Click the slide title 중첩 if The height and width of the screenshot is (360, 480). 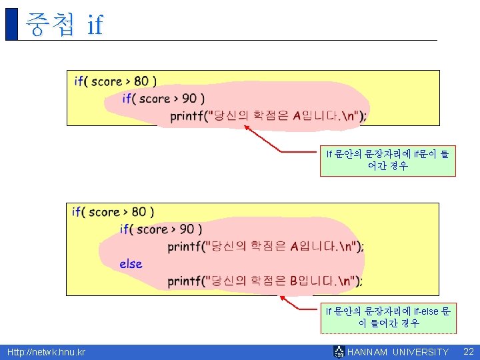click(64, 24)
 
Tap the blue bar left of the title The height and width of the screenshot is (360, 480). click(11, 24)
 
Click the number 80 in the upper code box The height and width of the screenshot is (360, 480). click(141, 81)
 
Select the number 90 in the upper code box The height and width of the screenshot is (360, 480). click(189, 99)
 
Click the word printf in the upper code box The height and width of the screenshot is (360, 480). click(187, 116)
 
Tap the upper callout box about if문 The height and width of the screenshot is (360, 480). click(387, 160)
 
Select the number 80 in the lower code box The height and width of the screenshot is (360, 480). click(139, 212)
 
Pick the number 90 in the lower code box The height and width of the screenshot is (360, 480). click(186, 229)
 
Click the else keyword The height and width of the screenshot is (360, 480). click(131, 264)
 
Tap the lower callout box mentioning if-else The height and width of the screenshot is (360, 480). click(388, 317)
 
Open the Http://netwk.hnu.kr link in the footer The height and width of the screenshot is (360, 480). click(46, 352)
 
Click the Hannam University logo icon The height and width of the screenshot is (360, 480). click(339, 352)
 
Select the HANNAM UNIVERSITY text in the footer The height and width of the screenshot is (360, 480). click(398, 352)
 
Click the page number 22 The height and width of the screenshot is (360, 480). click(468, 351)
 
